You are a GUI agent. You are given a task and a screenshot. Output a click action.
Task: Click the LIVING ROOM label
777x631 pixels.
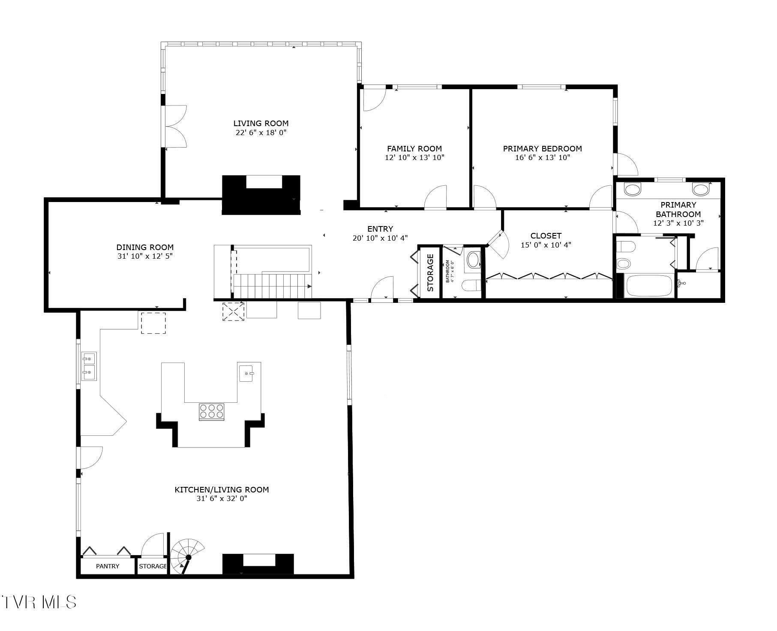tap(261, 124)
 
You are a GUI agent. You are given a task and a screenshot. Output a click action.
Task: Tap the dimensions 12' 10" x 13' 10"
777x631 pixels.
tap(414, 157)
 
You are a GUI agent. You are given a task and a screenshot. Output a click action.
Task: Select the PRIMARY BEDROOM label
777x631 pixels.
tap(542, 148)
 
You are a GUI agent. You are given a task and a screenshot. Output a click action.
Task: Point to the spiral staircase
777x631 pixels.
tap(187, 556)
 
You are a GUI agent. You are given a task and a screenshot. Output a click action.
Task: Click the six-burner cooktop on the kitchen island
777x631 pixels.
tap(212, 411)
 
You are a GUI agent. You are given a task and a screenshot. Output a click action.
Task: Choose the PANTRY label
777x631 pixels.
tap(108, 566)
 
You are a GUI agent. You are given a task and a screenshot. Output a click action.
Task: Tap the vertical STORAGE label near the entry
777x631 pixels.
tap(430, 272)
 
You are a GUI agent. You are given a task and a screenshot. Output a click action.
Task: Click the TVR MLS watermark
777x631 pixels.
tap(39, 602)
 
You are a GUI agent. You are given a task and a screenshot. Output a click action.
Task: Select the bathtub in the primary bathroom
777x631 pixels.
tap(648, 286)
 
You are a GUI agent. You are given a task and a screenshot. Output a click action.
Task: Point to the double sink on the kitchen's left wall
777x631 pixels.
tap(90, 366)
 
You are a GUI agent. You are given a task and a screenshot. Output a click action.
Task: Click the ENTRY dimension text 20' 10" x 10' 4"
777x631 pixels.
tap(380, 238)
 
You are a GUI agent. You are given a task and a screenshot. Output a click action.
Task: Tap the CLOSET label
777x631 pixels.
tap(546, 235)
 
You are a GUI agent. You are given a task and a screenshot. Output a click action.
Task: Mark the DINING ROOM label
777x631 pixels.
tap(145, 247)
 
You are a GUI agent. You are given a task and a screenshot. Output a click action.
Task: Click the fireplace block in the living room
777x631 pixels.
tap(261, 195)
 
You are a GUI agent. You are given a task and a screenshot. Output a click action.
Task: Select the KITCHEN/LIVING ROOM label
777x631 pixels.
tap(222, 489)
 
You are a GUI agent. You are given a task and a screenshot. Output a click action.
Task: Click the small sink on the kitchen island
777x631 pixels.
tap(248, 373)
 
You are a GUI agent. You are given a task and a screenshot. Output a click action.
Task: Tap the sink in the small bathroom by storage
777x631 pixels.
tap(473, 260)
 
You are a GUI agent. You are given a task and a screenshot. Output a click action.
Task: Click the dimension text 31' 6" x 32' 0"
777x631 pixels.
tap(222, 498)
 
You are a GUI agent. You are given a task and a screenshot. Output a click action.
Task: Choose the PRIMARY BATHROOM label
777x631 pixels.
tap(678, 209)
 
